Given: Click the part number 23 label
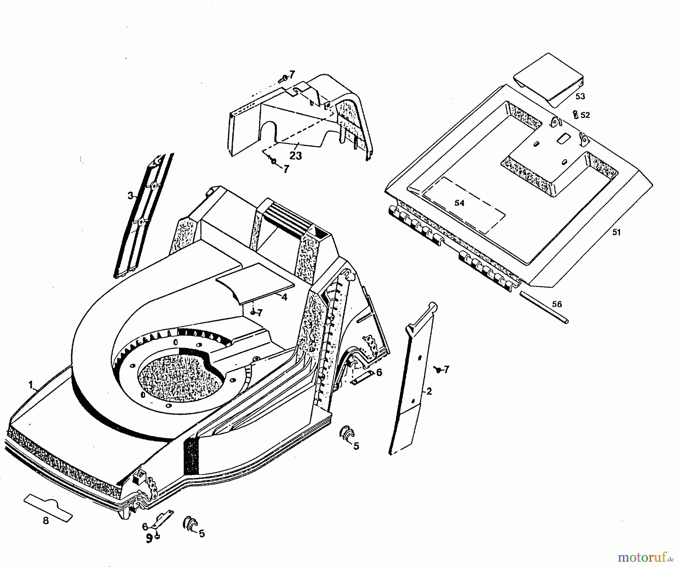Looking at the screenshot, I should click(x=296, y=155).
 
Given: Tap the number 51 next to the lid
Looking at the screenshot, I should click(x=616, y=233).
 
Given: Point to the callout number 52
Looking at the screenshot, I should click(x=585, y=115).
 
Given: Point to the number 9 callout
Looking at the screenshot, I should click(x=149, y=539).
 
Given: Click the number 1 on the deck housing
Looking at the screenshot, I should click(x=31, y=385).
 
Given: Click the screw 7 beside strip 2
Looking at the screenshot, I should click(x=438, y=369).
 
